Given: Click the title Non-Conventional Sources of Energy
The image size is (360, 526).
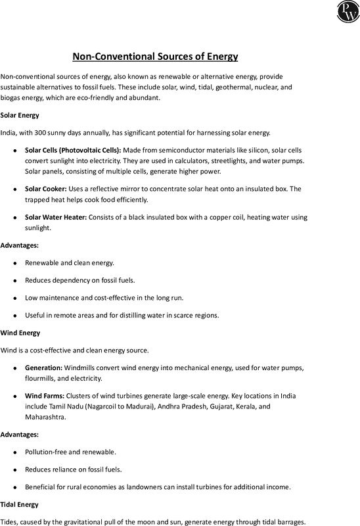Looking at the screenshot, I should click(154, 57).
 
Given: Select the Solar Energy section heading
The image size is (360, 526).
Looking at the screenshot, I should click(20, 115).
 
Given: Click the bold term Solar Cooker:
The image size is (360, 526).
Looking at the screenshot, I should click(47, 189).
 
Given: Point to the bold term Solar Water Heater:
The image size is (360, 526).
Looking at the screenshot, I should click(56, 217).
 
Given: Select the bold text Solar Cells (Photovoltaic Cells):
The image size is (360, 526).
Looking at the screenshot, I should click(72, 151).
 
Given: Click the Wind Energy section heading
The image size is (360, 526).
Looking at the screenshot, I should click(20, 333).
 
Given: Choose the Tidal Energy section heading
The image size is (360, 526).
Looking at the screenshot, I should click(20, 504).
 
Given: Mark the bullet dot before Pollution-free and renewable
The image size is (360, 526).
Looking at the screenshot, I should click(15, 453).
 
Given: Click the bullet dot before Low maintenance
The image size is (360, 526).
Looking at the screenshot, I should click(15, 297).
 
